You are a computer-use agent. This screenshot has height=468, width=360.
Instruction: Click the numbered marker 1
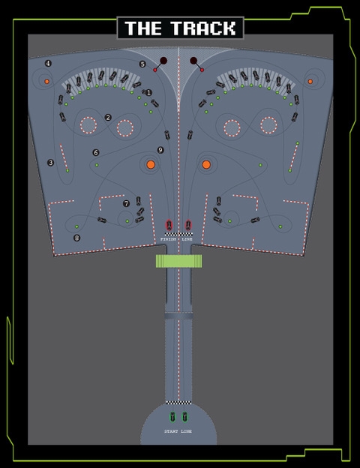(148, 93)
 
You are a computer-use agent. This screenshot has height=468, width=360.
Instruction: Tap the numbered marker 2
(108, 118)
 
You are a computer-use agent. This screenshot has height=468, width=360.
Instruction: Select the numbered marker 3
(51, 163)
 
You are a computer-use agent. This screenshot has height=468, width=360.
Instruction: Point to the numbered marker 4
(48, 63)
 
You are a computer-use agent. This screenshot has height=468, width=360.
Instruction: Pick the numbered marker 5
(142, 64)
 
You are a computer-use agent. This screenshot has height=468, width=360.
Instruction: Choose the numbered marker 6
(95, 152)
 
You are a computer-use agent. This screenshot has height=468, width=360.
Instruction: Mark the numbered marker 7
(126, 203)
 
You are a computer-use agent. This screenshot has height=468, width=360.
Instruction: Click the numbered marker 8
(76, 238)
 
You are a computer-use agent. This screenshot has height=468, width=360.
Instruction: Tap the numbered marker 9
(160, 150)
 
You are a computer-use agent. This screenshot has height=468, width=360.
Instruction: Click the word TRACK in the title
(203, 28)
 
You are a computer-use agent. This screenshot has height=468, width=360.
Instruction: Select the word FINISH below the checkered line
(168, 239)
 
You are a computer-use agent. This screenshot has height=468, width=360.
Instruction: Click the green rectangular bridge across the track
(178, 261)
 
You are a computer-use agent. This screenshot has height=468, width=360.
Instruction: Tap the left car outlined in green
(172, 417)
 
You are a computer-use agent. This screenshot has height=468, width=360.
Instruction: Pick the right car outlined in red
(188, 225)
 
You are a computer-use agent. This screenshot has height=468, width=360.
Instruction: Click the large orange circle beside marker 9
(151, 164)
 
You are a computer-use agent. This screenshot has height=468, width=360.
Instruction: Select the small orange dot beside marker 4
(46, 82)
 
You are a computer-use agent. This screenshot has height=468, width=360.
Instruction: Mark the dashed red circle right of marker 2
(125, 128)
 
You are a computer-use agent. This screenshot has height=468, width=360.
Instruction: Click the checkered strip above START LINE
(178, 403)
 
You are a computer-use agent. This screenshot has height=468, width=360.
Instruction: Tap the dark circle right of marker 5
(163, 61)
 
